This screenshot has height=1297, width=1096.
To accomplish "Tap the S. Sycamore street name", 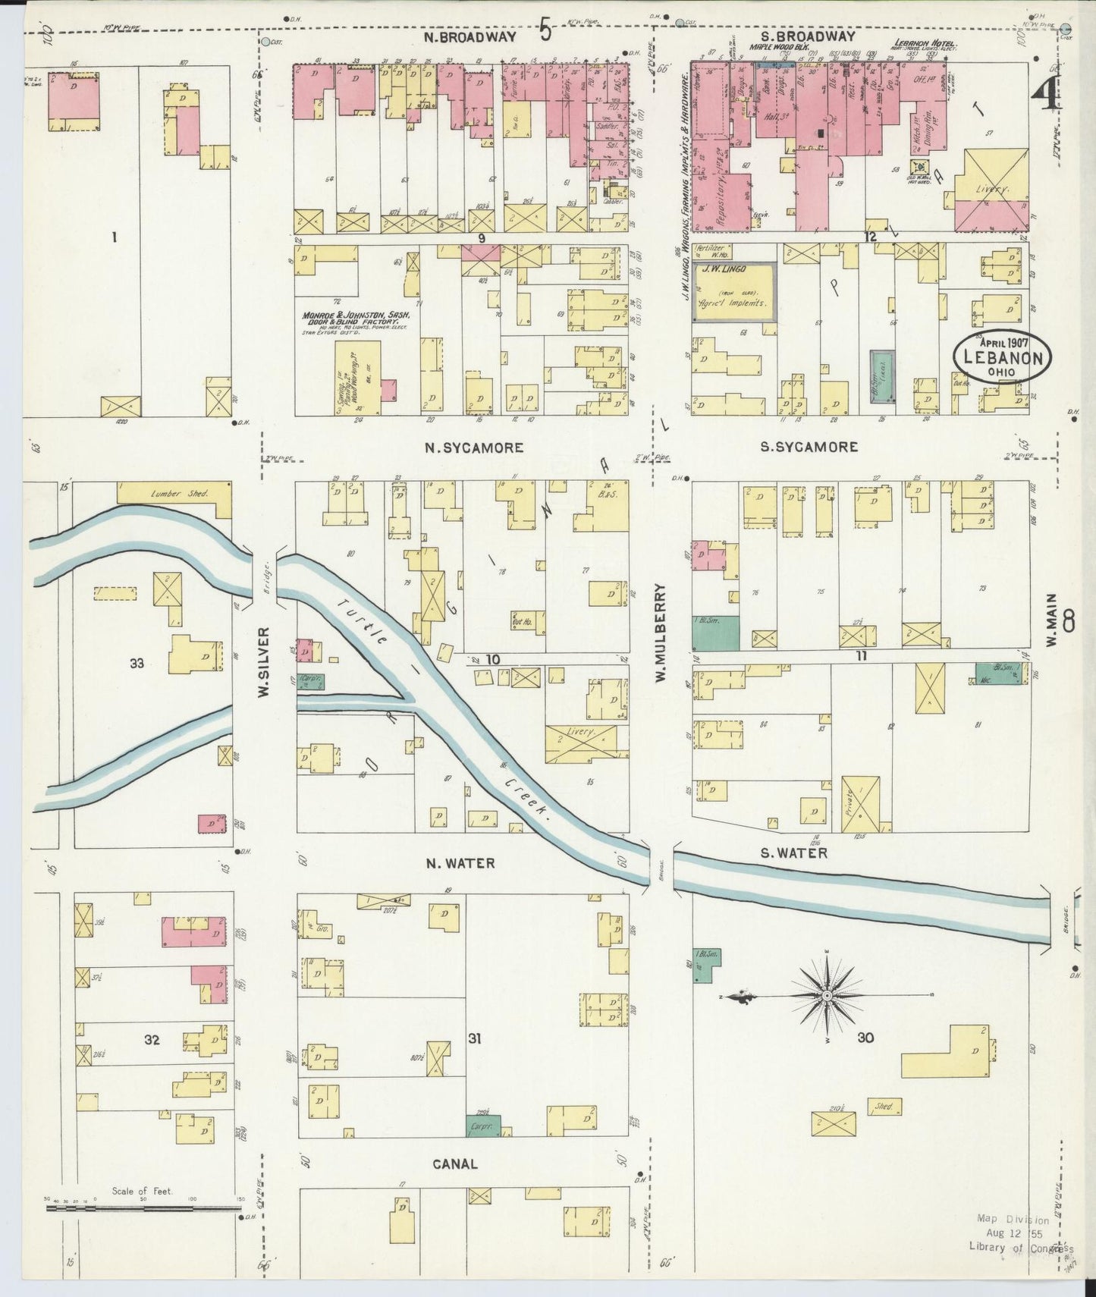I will click(x=809, y=447).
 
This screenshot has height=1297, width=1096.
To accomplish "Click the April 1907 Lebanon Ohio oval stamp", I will click(x=1003, y=356).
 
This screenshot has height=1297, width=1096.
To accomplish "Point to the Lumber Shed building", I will click(x=175, y=492).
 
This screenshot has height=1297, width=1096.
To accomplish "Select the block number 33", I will click(x=137, y=664).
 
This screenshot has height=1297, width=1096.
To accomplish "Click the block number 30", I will click(x=865, y=1038).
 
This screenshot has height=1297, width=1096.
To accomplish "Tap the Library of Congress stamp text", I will click(x=1020, y=1246).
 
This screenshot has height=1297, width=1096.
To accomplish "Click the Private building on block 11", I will click(x=860, y=804).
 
